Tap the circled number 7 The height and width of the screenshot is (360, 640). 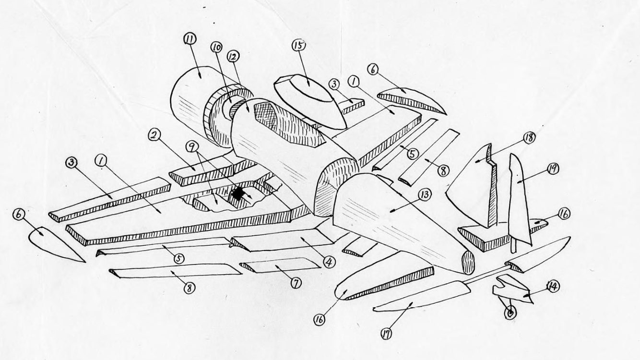296,283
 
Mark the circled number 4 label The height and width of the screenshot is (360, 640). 329,262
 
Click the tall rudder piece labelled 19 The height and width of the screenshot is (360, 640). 521,202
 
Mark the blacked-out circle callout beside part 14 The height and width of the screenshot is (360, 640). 510,312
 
